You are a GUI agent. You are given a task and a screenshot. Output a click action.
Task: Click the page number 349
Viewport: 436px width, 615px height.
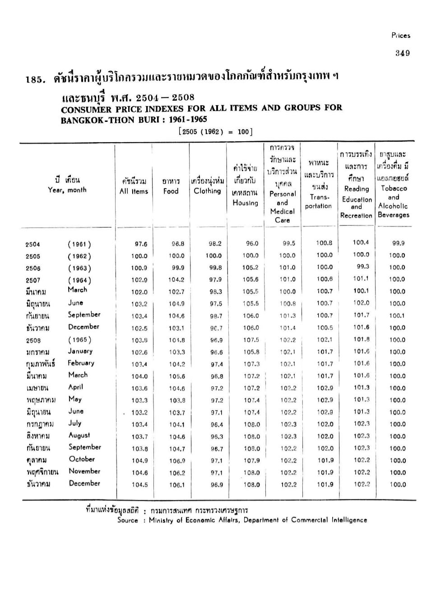click(402, 53)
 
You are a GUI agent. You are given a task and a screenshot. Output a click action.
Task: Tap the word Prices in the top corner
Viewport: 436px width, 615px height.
click(401, 36)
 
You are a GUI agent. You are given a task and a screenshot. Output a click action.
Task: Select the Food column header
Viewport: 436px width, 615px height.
click(171, 191)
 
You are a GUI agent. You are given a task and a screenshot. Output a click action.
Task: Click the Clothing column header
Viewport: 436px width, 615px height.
click(207, 191)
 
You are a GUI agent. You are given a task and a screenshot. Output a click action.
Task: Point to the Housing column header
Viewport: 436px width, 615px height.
click(245, 203)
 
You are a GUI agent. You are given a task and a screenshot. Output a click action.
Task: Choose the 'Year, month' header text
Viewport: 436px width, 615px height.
click(67, 190)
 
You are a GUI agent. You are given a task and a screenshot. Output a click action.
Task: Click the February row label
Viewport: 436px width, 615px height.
click(81, 363)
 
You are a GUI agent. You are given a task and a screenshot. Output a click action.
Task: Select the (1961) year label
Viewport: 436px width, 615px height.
click(79, 244)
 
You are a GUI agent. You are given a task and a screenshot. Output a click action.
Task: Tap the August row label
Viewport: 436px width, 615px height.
click(79, 435)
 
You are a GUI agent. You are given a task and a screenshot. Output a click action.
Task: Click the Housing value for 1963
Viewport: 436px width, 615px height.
click(251, 267)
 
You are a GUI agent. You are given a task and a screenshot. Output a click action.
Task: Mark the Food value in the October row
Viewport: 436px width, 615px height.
click(177, 461)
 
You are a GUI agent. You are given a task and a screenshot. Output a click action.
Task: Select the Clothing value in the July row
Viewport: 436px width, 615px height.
click(217, 424)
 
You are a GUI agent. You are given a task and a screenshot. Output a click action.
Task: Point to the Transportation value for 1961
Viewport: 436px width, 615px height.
click(325, 243)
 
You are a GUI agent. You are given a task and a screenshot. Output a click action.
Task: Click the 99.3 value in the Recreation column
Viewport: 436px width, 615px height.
click(362, 266)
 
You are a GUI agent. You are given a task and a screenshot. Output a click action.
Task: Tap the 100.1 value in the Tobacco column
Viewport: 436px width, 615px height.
click(397, 316)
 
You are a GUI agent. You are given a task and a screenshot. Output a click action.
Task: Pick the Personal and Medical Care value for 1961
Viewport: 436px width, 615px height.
click(289, 243)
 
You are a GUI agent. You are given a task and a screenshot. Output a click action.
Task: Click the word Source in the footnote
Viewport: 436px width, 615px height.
click(128, 520)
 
